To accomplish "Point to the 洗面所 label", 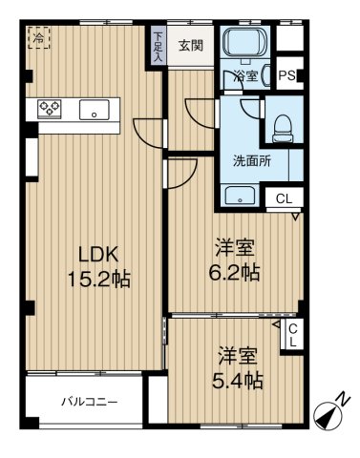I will click(252, 160).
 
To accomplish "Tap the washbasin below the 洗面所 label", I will click(240, 197).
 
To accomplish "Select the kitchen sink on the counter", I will click(95, 109).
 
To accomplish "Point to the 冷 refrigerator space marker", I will click(38, 38).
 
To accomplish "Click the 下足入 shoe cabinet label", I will click(158, 44).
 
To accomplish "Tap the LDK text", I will click(97, 254).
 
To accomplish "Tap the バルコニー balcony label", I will click(90, 402).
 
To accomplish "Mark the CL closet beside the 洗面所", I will click(285, 198).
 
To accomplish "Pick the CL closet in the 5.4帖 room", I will click(293, 334).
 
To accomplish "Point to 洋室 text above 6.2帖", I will click(235, 246).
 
